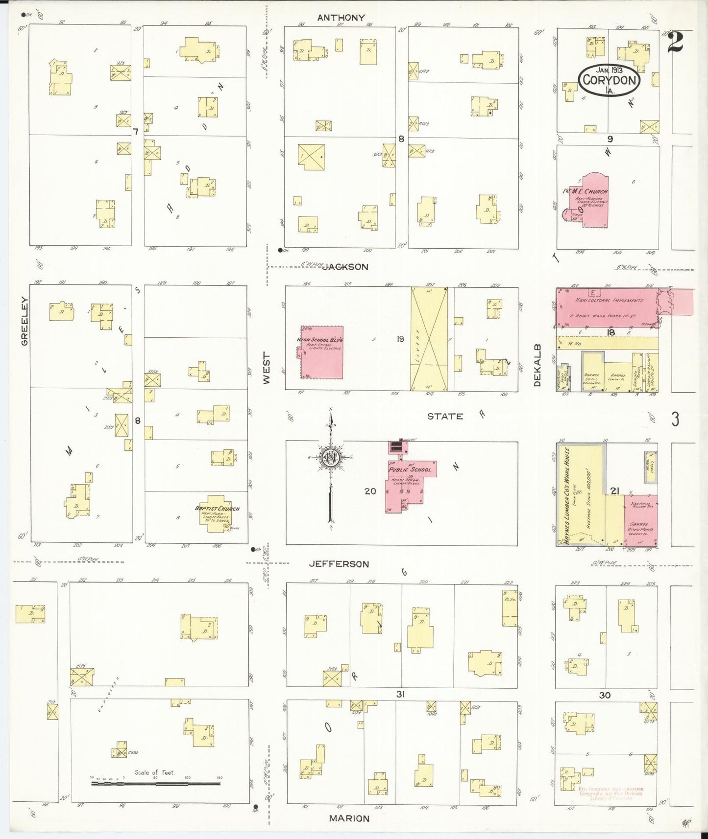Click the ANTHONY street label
(x=341, y=18)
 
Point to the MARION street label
(x=349, y=818)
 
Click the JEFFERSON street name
(x=339, y=564)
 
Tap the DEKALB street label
(x=537, y=365)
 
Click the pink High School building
(x=321, y=352)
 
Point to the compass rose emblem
(x=330, y=458)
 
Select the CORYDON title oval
(x=610, y=79)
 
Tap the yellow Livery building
(x=429, y=339)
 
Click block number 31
(x=400, y=694)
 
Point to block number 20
(x=370, y=490)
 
